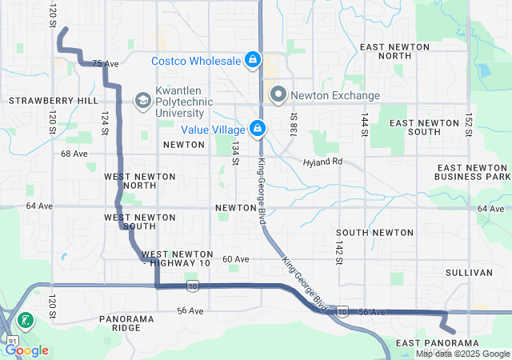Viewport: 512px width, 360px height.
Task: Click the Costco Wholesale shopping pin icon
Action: click(252, 60)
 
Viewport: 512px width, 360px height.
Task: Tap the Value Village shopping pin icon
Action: click(258, 128)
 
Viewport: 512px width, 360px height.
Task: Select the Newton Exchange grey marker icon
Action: click(278, 95)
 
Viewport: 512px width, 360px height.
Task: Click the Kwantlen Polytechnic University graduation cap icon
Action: click(142, 100)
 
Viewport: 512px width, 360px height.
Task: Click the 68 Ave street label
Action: click(74, 153)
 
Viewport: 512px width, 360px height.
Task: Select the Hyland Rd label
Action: click(322, 162)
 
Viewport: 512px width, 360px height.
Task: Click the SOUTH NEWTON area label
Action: click(363, 233)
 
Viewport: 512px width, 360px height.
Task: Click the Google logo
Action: click(27, 350)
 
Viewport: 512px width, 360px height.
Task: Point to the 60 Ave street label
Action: click(236, 259)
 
